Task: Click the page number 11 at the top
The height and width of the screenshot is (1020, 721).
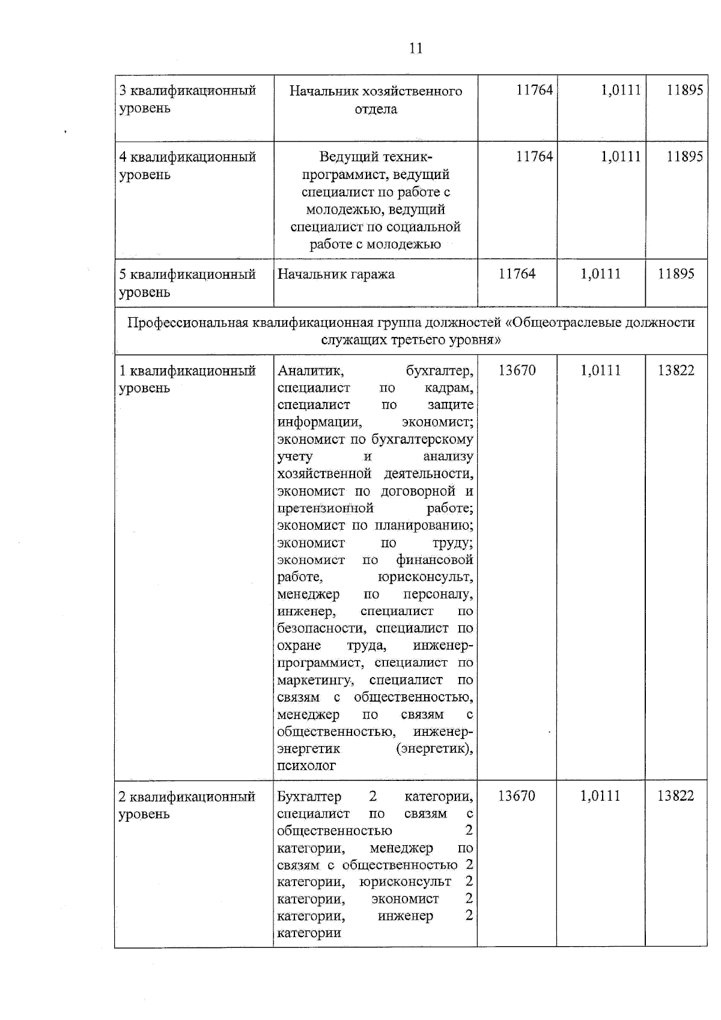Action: pos(416,49)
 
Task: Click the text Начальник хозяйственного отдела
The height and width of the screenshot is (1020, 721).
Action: pos(376,100)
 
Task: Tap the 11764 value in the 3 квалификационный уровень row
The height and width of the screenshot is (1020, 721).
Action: pos(534,91)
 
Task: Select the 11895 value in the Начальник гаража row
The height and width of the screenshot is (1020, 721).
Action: pos(676,274)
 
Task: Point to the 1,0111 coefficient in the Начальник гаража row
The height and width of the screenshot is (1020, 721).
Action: pos(600,274)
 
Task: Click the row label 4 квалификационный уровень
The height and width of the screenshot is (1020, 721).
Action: pos(187,166)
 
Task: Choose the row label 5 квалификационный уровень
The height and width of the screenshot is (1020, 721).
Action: pos(187,283)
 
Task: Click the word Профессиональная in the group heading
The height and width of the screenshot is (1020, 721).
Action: pos(187,323)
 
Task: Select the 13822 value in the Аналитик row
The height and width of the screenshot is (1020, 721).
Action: pos(676,371)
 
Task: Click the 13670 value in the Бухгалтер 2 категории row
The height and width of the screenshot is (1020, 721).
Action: pos(517,797)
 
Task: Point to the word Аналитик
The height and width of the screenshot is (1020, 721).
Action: pos(310,371)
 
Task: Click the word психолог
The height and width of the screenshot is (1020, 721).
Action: pos(306,767)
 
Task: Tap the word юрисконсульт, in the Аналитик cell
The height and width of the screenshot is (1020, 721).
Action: pos(425,578)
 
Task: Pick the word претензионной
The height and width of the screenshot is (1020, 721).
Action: pos(325,509)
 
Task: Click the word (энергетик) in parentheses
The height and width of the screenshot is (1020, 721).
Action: pos(434,750)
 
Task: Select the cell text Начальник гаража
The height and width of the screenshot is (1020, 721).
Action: pos(336,275)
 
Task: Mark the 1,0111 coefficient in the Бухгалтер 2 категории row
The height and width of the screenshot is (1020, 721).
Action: pos(600,797)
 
